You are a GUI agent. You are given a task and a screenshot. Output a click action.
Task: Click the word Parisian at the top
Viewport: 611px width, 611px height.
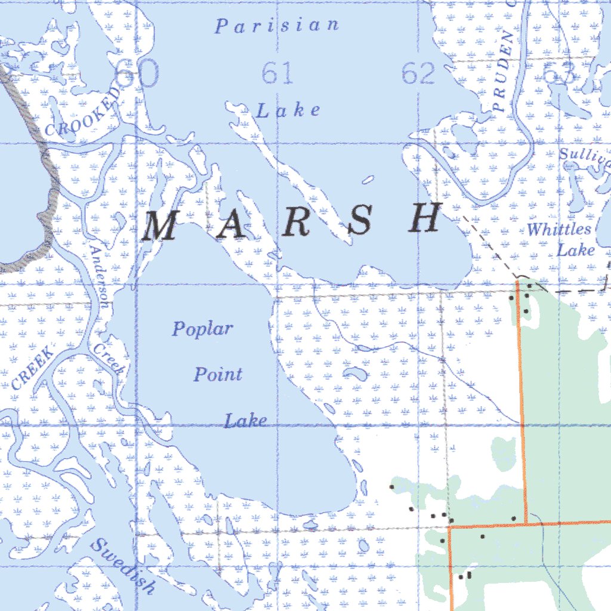277,26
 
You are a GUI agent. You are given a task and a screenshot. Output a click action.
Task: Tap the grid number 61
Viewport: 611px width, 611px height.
277,74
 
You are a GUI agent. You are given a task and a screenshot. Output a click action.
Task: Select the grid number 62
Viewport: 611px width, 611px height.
419,74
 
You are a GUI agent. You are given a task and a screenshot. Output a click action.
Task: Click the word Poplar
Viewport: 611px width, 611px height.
203,329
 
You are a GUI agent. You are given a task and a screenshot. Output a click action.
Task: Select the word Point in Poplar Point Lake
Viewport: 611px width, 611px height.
218,375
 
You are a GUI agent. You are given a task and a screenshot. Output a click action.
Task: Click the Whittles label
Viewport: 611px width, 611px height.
559,229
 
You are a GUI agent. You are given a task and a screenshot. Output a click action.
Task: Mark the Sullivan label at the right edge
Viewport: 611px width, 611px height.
584,155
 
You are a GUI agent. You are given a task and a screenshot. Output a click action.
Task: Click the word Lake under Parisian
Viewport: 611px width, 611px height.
289,110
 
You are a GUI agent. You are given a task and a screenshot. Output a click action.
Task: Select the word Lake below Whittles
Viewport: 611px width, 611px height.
576,249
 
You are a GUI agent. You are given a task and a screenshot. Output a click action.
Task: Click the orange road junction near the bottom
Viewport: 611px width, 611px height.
526,524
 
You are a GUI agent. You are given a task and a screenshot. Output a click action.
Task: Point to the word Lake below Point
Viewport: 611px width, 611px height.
245,421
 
